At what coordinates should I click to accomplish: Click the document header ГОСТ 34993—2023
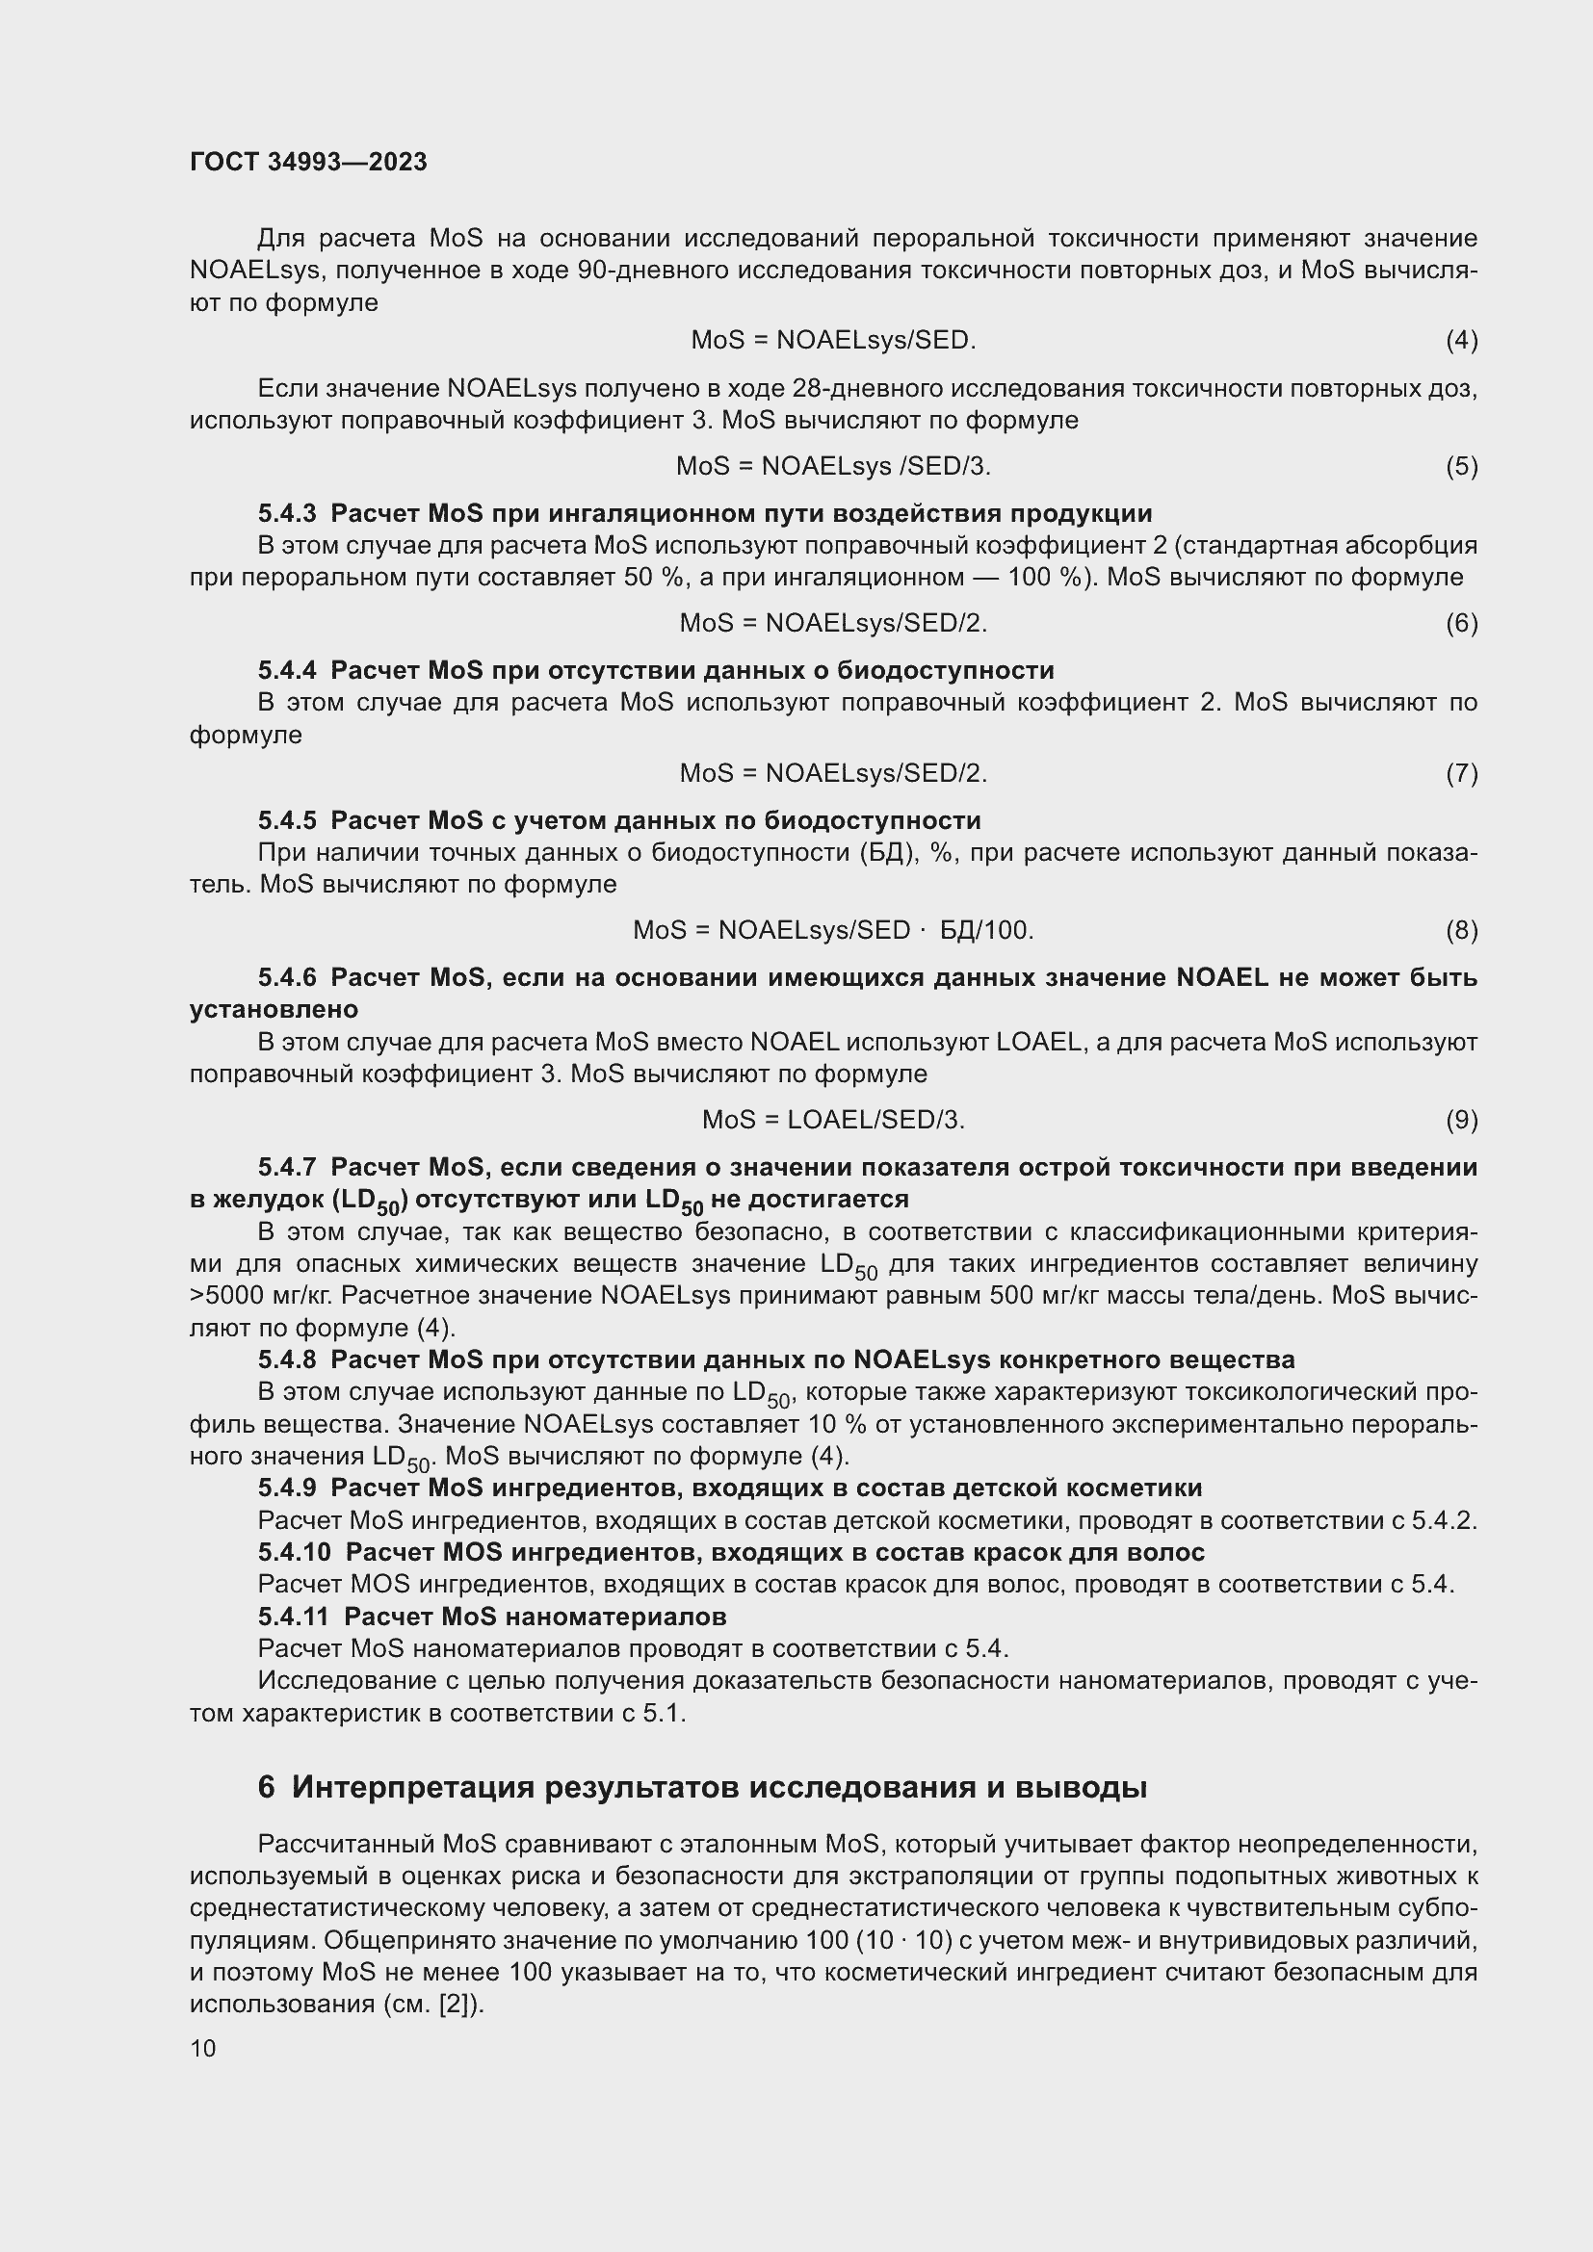pyautogui.click(x=308, y=162)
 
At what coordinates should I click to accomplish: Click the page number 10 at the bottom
pyautogui.click(x=203, y=2048)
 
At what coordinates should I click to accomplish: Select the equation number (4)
pyautogui.click(x=1461, y=340)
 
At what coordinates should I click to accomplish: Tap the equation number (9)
pyautogui.click(x=1461, y=1119)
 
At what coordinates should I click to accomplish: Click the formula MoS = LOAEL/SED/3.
pyautogui.click(x=833, y=1119)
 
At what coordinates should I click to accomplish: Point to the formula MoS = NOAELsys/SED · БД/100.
pyautogui.click(x=833, y=930)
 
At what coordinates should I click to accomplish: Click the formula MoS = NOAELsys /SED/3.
pyautogui.click(x=833, y=466)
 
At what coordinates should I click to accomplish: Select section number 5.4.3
pyautogui.click(x=287, y=513)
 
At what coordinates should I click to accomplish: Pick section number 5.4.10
pyautogui.click(x=295, y=1552)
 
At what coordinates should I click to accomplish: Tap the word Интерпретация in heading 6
pyautogui.click(x=412, y=1787)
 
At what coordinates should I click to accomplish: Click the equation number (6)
pyautogui.click(x=1461, y=623)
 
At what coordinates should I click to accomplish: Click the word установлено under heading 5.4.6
pyautogui.click(x=274, y=1009)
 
